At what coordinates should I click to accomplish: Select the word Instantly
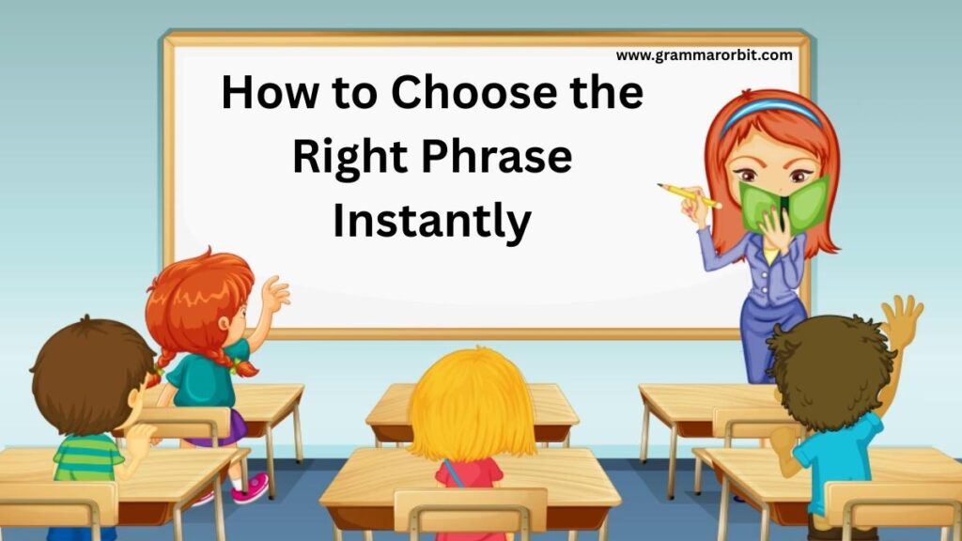[432, 220]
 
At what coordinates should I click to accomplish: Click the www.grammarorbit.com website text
[704, 55]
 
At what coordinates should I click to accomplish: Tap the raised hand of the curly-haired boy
[903, 320]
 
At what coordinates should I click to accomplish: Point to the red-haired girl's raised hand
[275, 295]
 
